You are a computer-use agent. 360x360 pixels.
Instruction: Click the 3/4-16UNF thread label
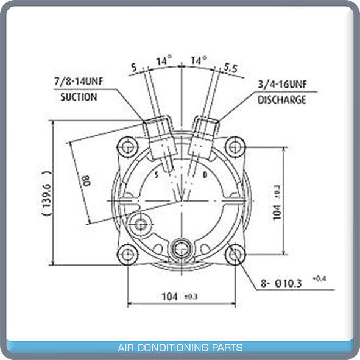click(280, 84)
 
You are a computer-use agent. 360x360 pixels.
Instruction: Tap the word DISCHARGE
click(281, 99)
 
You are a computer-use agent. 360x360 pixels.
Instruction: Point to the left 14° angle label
click(164, 61)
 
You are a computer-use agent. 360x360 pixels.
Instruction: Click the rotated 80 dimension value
click(86, 181)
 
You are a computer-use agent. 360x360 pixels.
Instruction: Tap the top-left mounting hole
click(127, 147)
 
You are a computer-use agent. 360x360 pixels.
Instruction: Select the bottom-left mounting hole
click(127, 254)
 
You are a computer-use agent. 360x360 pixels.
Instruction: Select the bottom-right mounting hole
click(234, 254)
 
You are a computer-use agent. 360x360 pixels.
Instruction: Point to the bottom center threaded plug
click(180, 249)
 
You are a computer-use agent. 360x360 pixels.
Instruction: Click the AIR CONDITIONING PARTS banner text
click(180, 348)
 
